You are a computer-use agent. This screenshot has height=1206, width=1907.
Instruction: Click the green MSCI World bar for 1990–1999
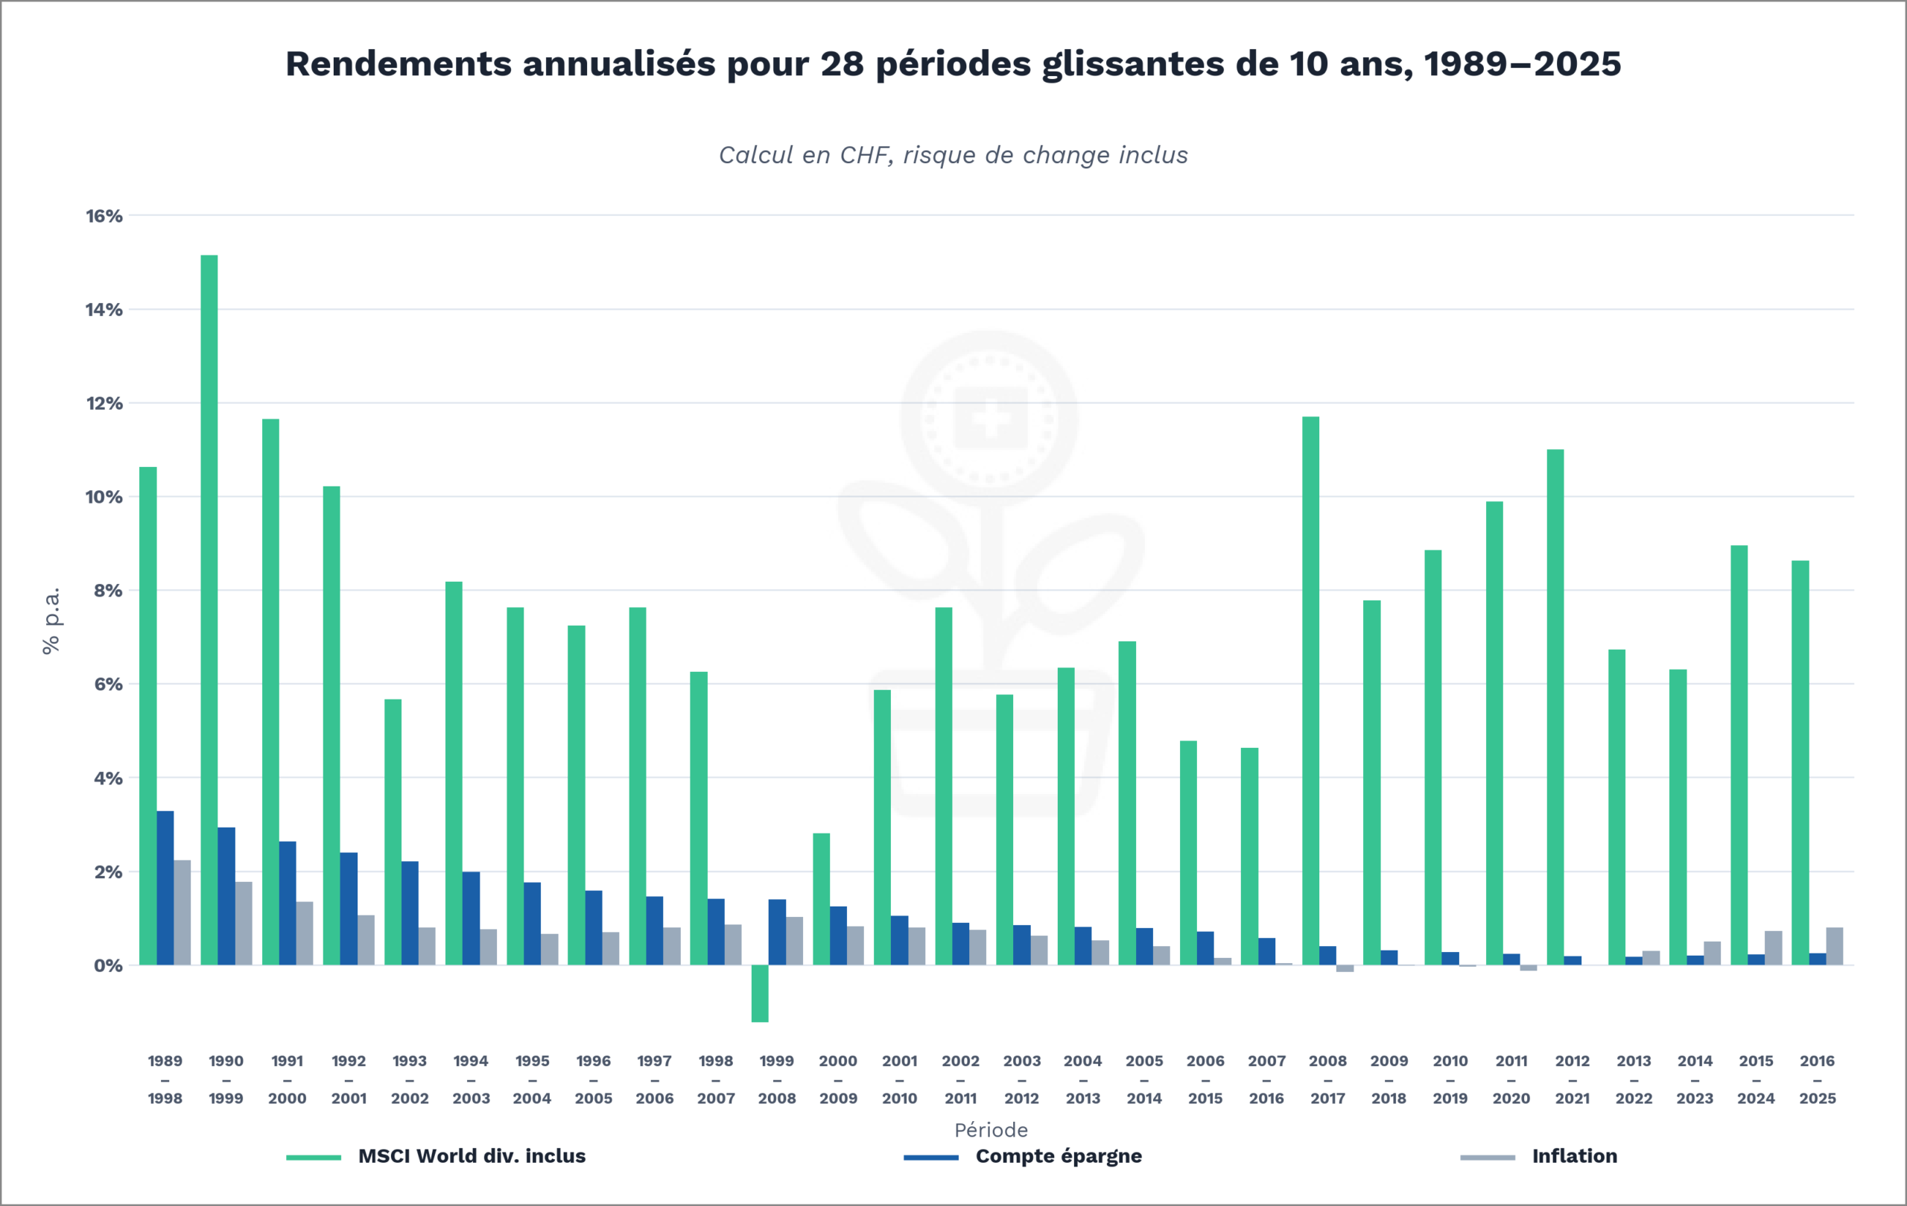[209, 610]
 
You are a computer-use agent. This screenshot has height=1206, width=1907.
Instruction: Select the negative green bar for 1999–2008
[760, 993]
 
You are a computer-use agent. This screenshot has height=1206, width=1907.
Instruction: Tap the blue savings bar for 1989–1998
[165, 888]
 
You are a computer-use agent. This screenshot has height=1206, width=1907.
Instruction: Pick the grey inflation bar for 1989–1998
[183, 913]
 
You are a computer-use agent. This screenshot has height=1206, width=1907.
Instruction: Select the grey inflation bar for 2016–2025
[1834, 945]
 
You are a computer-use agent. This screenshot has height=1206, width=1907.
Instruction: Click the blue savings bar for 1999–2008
[777, 932]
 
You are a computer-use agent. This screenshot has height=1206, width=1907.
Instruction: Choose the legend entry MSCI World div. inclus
[472, 1156]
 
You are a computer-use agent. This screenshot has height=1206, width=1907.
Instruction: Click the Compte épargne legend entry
[1058, 1156]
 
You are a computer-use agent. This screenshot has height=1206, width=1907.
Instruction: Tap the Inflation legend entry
[1573, 1156]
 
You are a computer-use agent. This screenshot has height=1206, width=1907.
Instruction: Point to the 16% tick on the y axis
[104, 216]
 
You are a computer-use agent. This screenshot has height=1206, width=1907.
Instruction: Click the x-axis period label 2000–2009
[838, 1079]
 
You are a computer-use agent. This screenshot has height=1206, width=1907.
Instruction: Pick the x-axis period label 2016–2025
[1817, 1079]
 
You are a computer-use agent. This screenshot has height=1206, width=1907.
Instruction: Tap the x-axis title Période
[991, 1130]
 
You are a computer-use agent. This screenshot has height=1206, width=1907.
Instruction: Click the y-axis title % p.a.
[51, 621]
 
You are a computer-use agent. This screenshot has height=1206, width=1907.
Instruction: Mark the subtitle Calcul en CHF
[953, 155]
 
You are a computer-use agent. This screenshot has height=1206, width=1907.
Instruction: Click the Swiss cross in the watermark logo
[990, 417]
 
